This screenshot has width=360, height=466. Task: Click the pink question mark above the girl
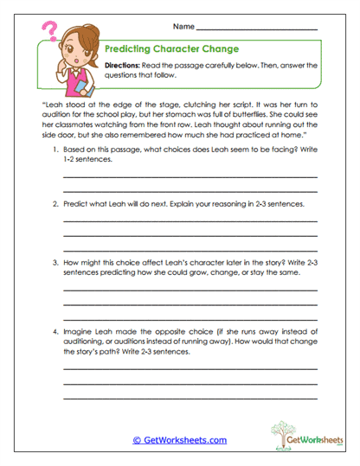tap(49, 34)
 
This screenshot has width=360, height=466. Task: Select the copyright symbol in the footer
tap(137, 440)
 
